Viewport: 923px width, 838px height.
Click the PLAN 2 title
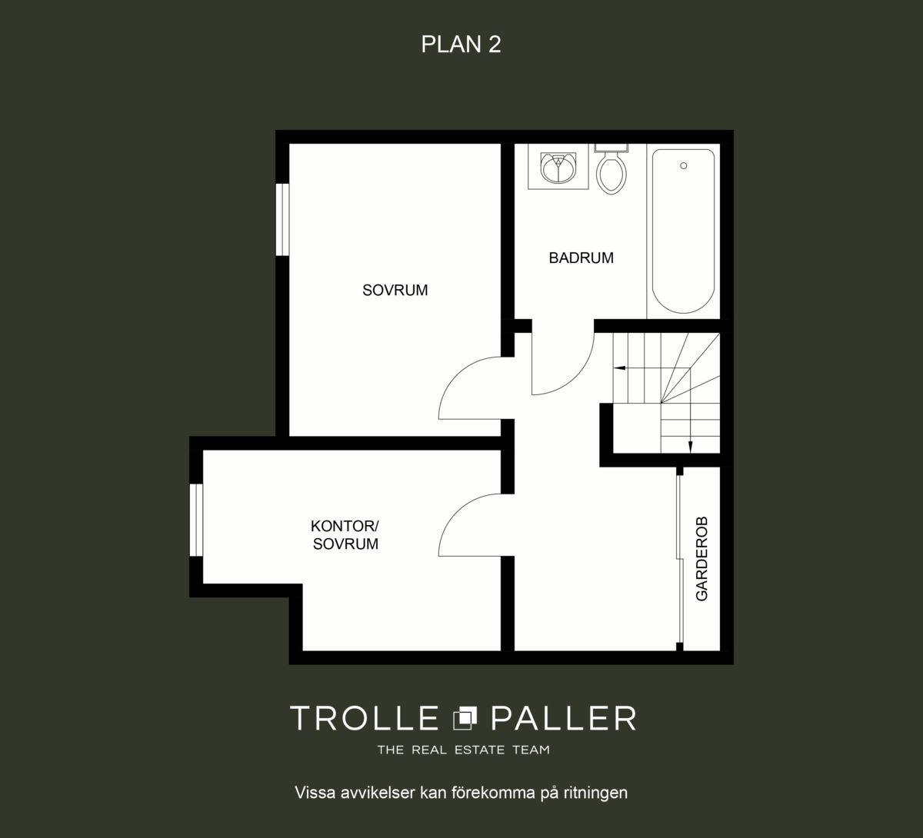click(461, 45)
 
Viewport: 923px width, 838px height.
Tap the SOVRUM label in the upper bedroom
click(395, 290)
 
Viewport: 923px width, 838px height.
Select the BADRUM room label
click(581, 258)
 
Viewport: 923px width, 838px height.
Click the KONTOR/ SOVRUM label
click(345, 535)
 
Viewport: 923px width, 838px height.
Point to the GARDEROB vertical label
click(701, 559)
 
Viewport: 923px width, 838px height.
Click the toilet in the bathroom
click(611, 169)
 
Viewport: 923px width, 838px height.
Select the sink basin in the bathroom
click(558, 168)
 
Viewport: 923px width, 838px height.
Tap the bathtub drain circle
click(683, 165)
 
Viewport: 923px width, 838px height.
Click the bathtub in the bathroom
click(683, 231)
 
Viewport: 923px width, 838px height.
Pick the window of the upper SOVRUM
click(282, 219)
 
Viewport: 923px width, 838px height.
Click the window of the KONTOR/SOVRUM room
click(196, 520)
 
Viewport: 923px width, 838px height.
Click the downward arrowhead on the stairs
click(690, 447)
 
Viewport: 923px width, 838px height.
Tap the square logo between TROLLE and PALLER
click(465, 718)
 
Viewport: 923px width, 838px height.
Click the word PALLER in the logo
click(564, 718)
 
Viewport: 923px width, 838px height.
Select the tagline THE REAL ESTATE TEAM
click(463, 750)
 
